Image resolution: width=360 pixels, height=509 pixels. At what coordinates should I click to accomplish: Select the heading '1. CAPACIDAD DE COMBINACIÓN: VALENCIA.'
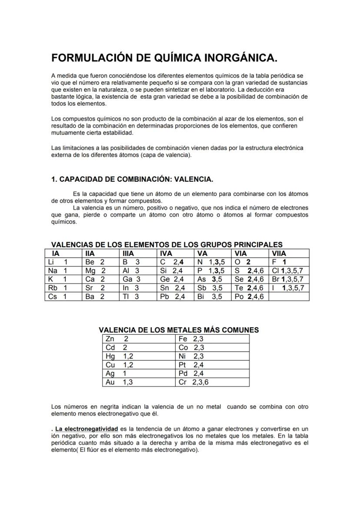coord(132,180)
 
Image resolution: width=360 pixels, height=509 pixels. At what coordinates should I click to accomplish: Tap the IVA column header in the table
coord(166,253)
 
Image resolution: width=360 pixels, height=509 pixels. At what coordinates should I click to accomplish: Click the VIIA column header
coord(280,253)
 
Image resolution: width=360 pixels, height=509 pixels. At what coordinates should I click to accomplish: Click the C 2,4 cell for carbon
coord(175,262)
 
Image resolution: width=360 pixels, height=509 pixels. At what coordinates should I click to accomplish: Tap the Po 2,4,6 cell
coord(250,297)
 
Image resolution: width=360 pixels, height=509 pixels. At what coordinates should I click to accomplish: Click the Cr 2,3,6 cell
coord(213,383)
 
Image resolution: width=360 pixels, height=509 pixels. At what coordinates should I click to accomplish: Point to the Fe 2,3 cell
coord(213,339)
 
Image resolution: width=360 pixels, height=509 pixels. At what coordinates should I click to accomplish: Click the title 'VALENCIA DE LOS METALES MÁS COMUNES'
coord(179,330)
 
